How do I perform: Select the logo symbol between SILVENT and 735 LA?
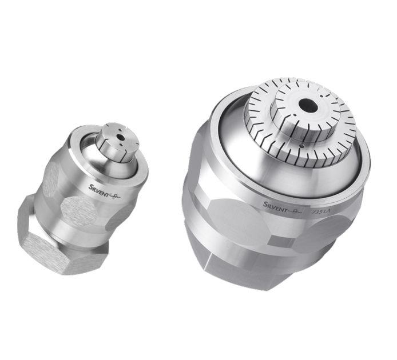click(x=298, y=209)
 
